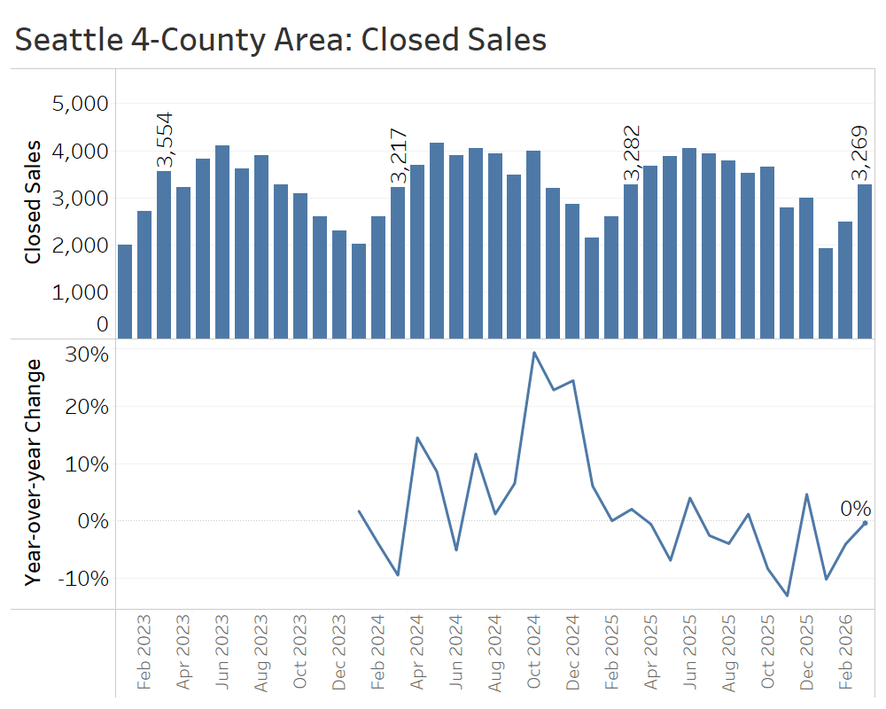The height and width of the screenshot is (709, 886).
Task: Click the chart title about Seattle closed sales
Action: (x=281, y=40)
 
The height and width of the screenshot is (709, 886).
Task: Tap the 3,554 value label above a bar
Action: (x=165, y=140)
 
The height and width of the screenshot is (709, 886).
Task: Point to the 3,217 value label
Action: (x=399, y=156)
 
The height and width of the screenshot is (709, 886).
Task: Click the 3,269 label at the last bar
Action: (x=865, y=154)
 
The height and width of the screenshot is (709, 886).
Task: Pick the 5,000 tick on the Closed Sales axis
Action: (x=80, y=104)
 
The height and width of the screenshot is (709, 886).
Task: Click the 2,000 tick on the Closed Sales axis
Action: (x=80, y=245)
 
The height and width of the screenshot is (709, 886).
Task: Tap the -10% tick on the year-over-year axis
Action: (x=82, y=578)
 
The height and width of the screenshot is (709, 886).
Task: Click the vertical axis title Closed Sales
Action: (x=34, y=201)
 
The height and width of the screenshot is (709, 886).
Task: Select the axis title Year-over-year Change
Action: (x=34, y=472)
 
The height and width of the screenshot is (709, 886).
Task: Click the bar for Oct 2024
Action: (x=533, y=244)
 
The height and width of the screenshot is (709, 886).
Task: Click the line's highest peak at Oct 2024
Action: (x=533, y=353)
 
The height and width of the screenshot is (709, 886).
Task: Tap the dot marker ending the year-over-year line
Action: (x=865, y=523)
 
